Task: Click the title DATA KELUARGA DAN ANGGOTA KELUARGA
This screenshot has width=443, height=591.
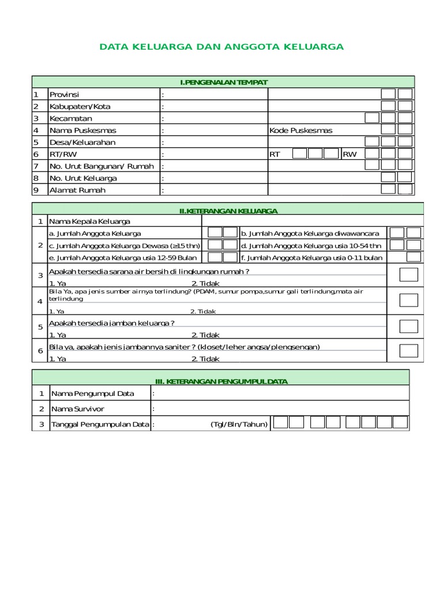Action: click(221, 46)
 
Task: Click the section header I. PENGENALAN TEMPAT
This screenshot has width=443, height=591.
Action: click(223, 83)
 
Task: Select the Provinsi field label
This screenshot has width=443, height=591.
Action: click(64, 95)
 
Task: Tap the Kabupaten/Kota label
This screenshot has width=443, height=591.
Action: click(80, 107)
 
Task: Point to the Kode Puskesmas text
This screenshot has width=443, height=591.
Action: click(301, 130)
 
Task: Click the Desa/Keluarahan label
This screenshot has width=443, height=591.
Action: click(82, 143)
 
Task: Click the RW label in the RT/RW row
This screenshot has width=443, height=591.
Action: click(350, 155)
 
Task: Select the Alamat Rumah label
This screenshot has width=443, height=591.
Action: click(77, 190)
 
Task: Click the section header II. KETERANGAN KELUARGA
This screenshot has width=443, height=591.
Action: click(228, 211)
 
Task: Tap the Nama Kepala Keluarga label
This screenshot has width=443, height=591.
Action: click(89, 221)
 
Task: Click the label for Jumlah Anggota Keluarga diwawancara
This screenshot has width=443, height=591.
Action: click(310, 233)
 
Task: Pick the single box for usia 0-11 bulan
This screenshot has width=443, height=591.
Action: click(414, 257)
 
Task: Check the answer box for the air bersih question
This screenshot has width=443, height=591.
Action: click(408, 275)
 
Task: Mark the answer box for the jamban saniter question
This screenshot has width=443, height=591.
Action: click(408, 350)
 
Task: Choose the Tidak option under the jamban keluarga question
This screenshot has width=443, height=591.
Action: click(205, 335)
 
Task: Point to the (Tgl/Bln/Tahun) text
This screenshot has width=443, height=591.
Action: click(239, 424)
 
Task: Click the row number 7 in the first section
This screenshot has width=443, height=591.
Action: click(36, 166)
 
